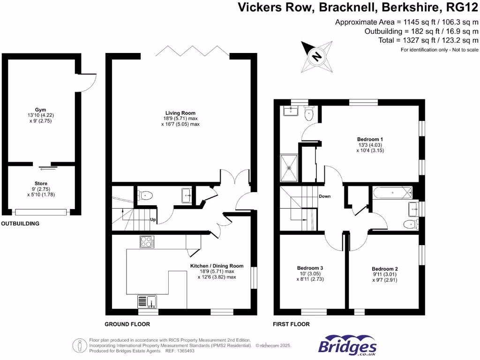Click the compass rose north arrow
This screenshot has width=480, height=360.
click(316, 56)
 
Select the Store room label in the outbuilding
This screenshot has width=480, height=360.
click(41, 186)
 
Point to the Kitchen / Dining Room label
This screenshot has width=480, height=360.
click(217, 269)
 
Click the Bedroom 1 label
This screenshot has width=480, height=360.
click(370, 142)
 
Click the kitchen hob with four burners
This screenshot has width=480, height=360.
click(147, 242)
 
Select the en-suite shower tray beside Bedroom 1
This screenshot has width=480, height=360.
click(289, 167)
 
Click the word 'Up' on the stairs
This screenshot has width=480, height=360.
click(153, 219)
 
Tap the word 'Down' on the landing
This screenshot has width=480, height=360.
click(325, 196)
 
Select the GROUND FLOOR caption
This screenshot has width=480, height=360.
click(127, 324)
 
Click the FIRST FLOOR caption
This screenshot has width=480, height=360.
click(291, 324)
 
